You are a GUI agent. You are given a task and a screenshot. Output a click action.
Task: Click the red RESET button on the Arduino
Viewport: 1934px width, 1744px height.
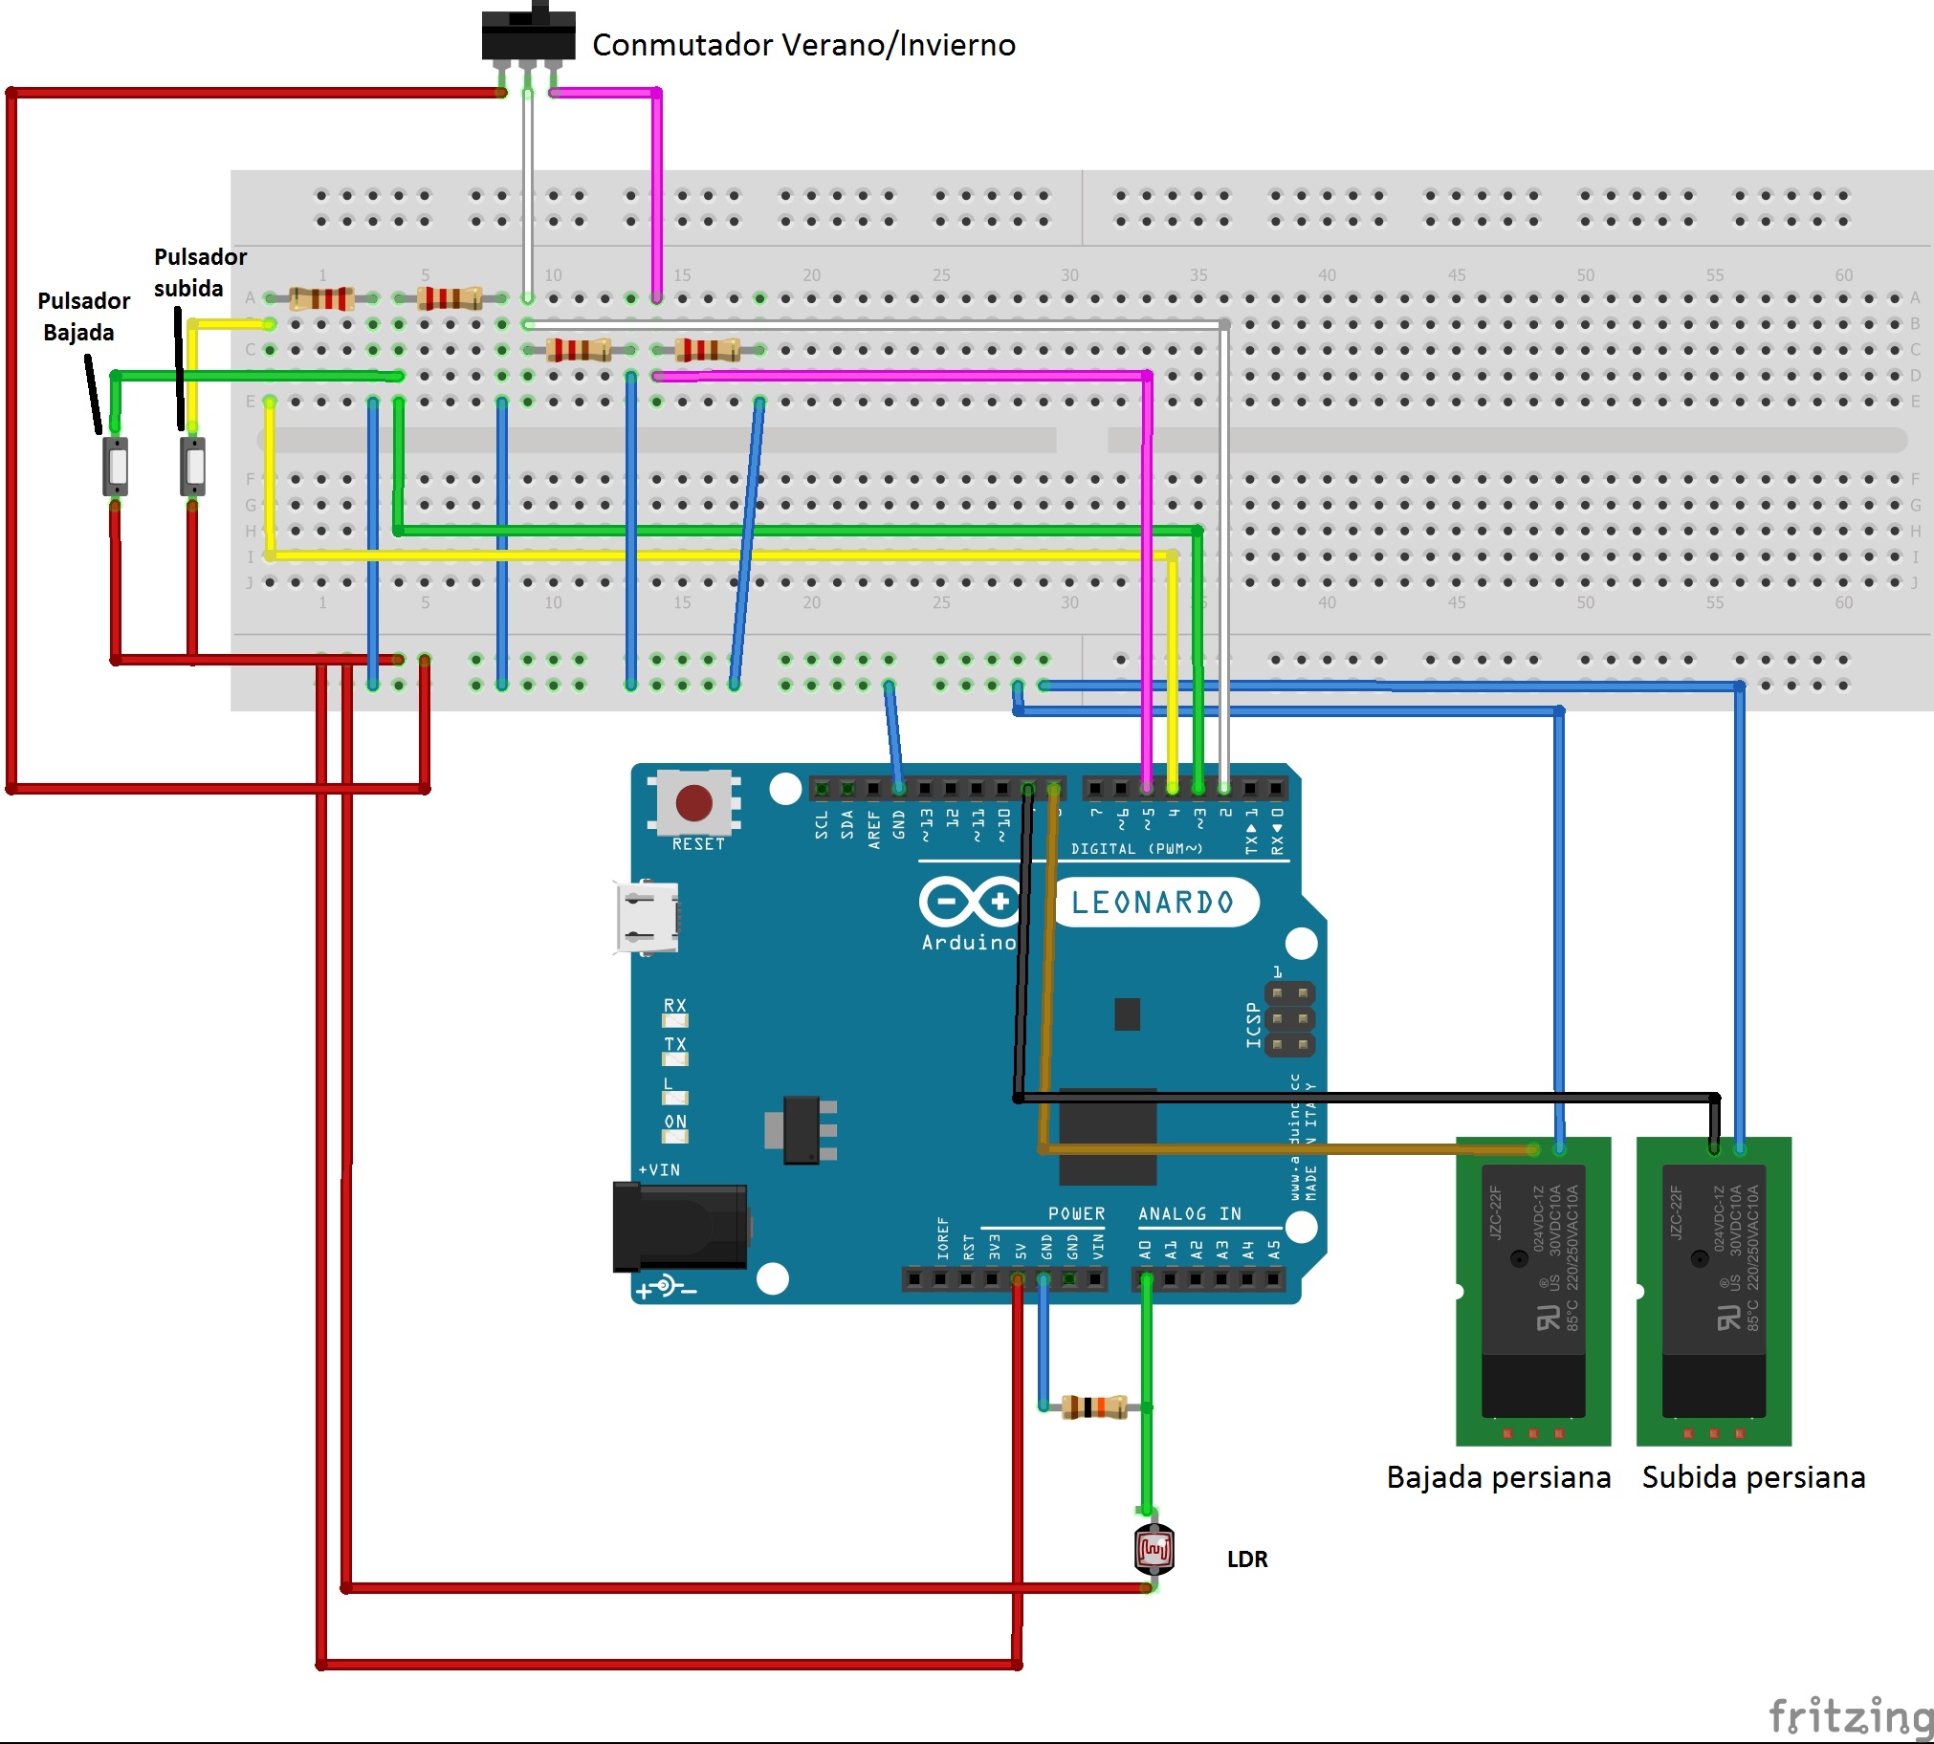point(692,802)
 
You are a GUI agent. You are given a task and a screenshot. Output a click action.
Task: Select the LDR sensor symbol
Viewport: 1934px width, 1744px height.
point(1154,1550)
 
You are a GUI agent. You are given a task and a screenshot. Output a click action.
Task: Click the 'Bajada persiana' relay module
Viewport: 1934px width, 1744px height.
point(1532,1290)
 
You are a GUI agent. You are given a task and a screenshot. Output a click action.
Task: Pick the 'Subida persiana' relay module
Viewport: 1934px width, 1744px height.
point(1714,1290)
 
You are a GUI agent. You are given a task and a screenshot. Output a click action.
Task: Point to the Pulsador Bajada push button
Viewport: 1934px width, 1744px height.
point(116,466)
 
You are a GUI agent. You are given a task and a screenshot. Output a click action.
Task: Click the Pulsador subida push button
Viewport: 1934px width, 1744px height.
point(192,466)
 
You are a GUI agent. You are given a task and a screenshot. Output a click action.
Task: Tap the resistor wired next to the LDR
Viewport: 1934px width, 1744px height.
point(1093,1406)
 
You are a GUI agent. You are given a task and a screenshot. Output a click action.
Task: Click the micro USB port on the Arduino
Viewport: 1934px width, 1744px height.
point(648,917)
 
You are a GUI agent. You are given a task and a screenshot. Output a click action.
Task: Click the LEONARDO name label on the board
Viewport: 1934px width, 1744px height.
point(1152,902)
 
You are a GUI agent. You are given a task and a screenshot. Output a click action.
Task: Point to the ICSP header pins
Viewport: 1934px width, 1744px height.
point(1289,1018)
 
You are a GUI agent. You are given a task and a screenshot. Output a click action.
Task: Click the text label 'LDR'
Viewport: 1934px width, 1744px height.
point(1247,1559)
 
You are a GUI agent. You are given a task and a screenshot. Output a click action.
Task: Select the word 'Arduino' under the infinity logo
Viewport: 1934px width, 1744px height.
point(968,943)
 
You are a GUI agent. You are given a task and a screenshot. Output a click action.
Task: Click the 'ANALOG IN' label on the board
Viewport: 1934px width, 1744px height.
point(1189,1214)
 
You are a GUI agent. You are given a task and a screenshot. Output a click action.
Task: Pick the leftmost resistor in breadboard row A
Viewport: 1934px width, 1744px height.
point(321,298)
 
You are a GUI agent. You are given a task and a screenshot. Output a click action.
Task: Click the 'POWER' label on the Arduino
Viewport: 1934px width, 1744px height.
point(1076,1214)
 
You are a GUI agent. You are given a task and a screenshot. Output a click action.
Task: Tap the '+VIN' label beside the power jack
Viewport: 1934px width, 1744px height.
point(659,1170)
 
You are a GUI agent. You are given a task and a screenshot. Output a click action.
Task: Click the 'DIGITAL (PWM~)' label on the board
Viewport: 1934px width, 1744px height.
point(1135,849)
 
